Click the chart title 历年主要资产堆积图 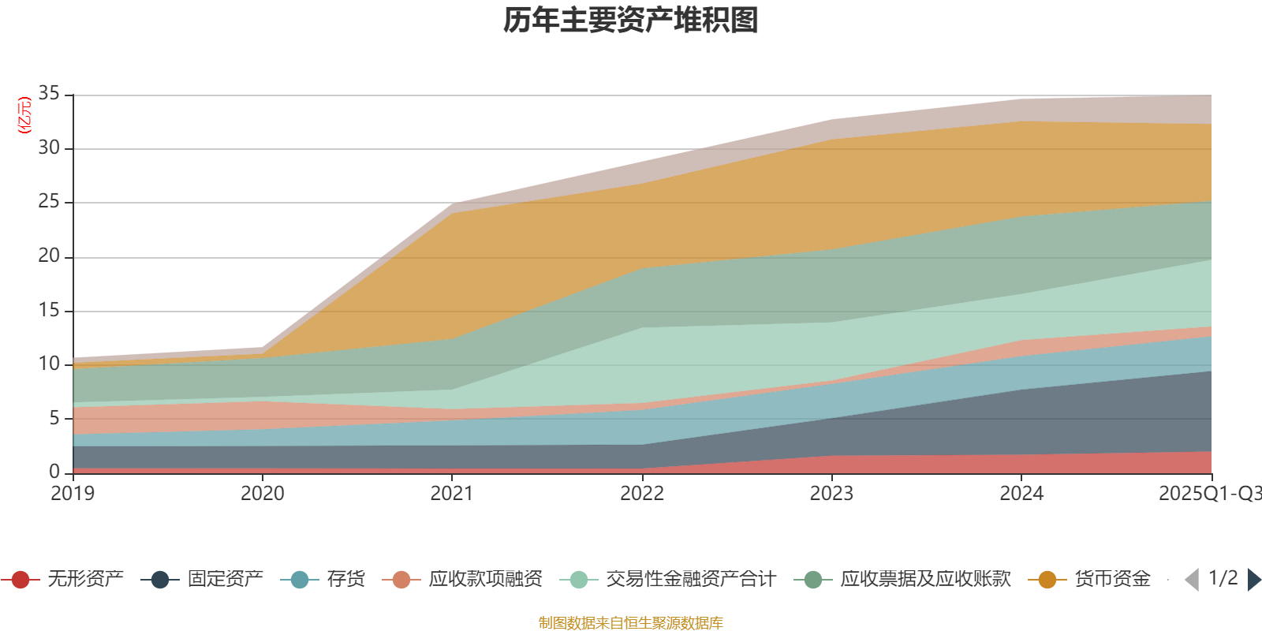click(631, 21)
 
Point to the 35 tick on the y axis click(49, 94)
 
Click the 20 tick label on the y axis click(49, 256)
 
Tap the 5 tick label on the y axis click(54, 418)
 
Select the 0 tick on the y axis click(54, 472)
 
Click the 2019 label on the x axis click(73, 494)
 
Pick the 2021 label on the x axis click(452, 494)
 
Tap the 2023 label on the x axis click(831, 494)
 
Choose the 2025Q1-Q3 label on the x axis click(1208, 494)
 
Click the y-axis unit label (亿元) click(24, 115)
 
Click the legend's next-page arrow click(1254, 580)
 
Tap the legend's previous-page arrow click(1192, 580)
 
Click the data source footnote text click(631, 623)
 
